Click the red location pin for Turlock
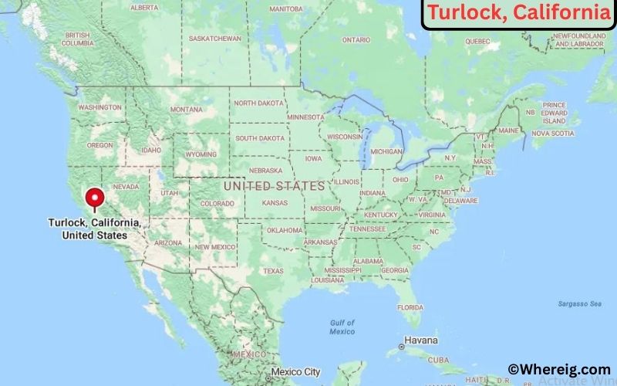(x=95, y=198)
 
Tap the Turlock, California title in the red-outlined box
(x=518, y=13)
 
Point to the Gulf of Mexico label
(x=342, y=327)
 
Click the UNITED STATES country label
(x=274, y=186)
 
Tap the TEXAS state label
(x=273, y=271)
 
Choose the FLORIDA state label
(x=410, y=306)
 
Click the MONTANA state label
(x=186, y=110)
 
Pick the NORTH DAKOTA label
(x=258, y=103)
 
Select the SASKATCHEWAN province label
(x=215, y=39)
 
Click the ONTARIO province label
(x=356, y=39)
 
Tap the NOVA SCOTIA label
(x=553, y=133)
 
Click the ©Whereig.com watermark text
(x=558, y=370)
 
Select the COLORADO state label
(x=217, y=204)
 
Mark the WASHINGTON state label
(x=99, y=107)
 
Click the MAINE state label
(x=508, y=130)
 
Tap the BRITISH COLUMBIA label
(x=77, y=39)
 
